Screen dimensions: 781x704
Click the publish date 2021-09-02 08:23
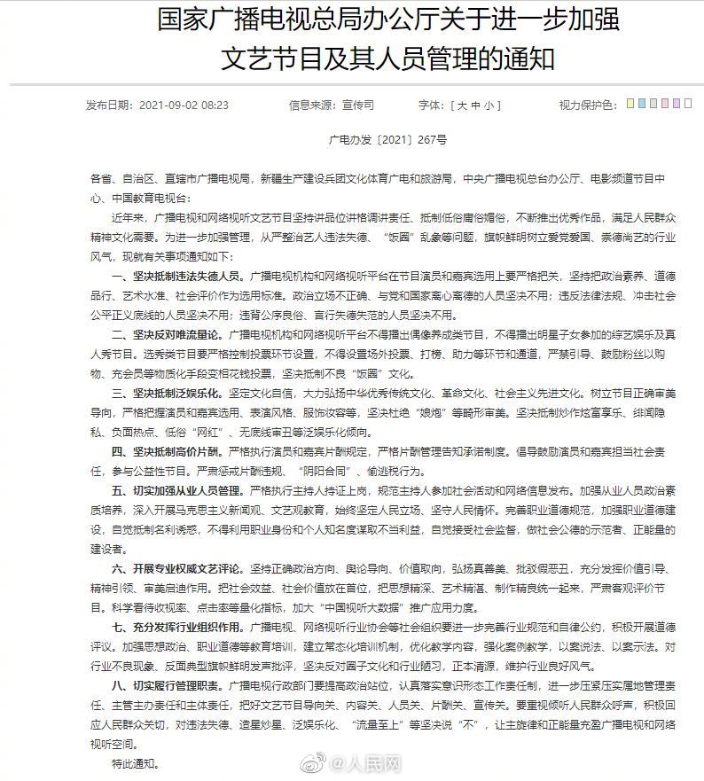[x=190, y=105]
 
